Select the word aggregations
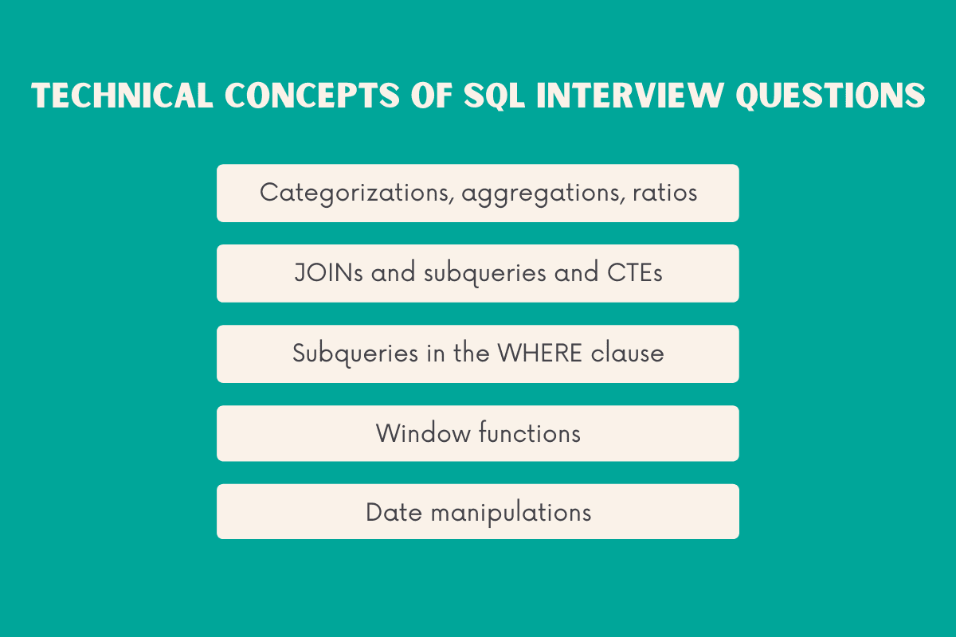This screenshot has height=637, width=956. coord(541,193)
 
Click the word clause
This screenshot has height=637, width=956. coord(628,353)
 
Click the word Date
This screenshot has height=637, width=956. coord(394,512)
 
